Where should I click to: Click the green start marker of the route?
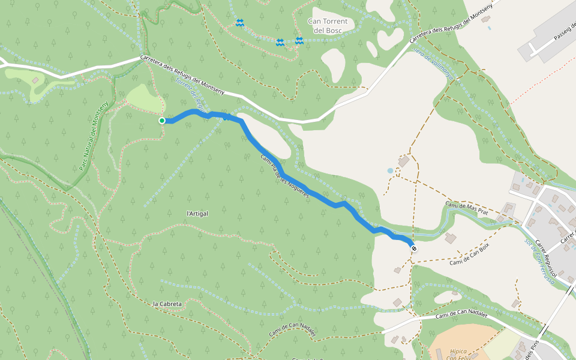click(162, 121)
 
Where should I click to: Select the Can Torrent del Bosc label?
click(327, 25)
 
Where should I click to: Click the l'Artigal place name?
click(197, 214)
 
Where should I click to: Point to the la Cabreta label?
click(167, 304)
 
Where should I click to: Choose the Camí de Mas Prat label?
click(468, 206)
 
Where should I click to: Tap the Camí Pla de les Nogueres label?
click(284, 176)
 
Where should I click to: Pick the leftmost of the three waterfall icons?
click(240, 23)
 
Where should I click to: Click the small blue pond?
click(391, 170)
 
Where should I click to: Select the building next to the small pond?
click(404, 161)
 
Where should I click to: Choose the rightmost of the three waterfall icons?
click(299, 40)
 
